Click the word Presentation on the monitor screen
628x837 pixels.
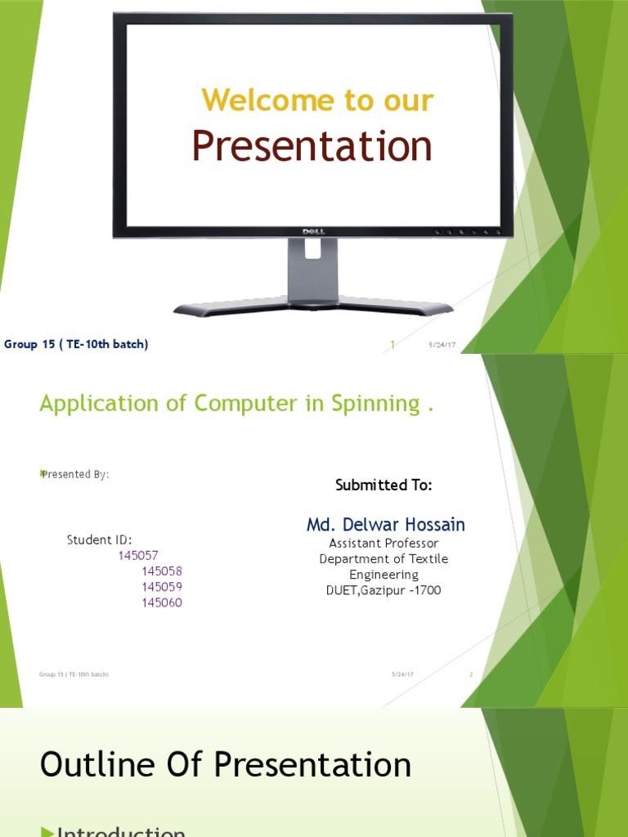pyautogui.click(x=312, y=147)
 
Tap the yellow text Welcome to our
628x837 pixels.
pyautogui.click(x=317, y=101)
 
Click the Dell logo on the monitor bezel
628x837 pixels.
pyautogui.click(x=314, y=232)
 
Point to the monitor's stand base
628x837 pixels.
pyautogui.click(x=313, y=307)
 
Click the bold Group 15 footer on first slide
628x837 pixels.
pyautogui.click(x=76, y=344)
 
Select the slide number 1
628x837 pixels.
pyautogui.click(x=392, y=345)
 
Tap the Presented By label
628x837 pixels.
pyautogui.click(x=74, y=474)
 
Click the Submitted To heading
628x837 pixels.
pyautogui.click(x=384, y=486)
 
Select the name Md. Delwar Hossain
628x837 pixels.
pyautogui.click(x=386, y=525)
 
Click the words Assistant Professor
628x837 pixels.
pyautogui.click(x=384, y=544)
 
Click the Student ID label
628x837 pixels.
pyautogui.click(x=99, y=539)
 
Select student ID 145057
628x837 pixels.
pyautogui.click(x=138, y=556)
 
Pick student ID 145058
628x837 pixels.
pyautogui.click(x=161, y=571)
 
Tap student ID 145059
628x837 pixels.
pyautogui.click(x=161, y=587)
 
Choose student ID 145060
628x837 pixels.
pyautogui.click(x=161, y=602)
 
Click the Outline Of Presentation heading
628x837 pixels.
pyautogui.click(x=226, y=765)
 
